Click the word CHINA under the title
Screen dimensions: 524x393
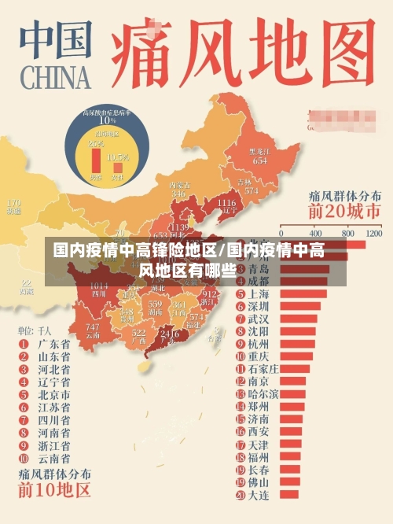[53, 79]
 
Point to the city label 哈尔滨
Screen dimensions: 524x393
[263, 394]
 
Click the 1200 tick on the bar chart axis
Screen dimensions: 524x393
[373, 234]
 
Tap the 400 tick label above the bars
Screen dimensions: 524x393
[315, 234]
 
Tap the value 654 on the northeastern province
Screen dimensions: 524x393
[259, 160]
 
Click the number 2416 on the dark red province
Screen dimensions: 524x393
[168, 334]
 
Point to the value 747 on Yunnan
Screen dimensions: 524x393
[92, 327]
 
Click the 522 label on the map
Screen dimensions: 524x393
[139, 334]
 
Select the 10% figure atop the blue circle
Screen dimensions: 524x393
[107, 120]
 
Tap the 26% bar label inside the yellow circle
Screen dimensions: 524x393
[97, 145]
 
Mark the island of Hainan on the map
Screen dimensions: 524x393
[143, 367]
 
